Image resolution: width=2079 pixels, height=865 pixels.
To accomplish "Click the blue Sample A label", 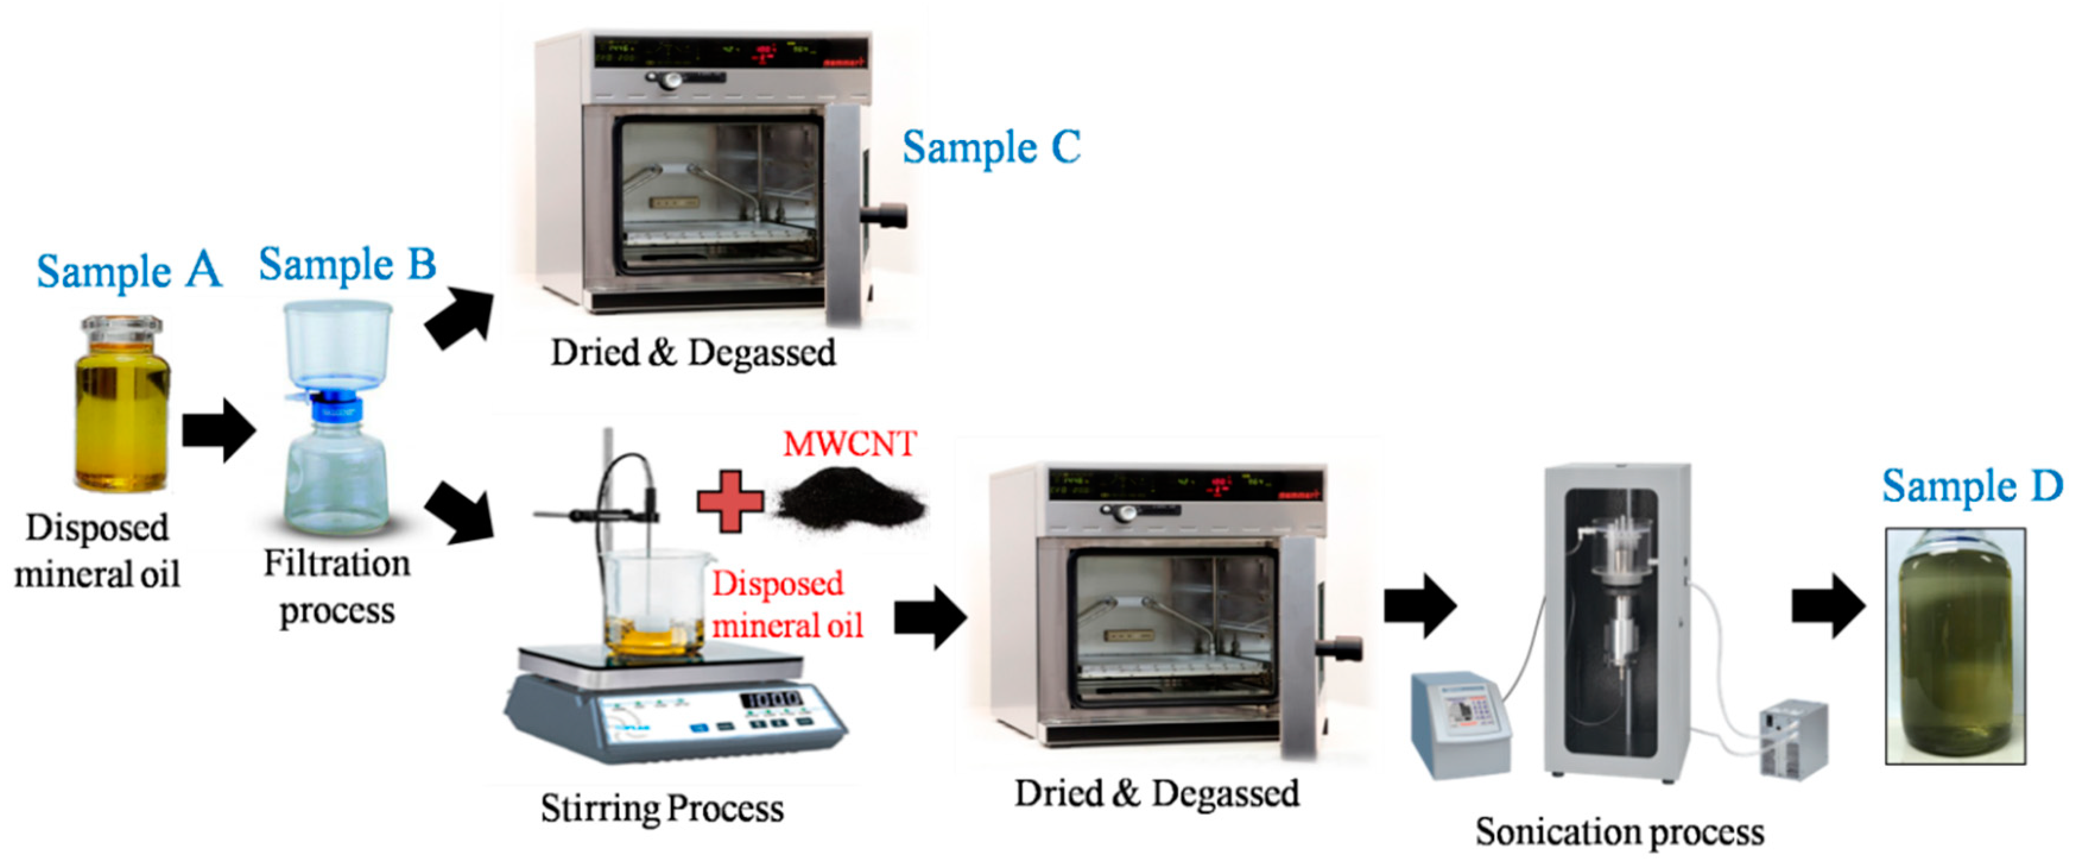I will pyautogui.click(x=129, y=271).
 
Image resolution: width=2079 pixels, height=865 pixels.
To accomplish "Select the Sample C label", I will pyautogui.click(x=991, y=148).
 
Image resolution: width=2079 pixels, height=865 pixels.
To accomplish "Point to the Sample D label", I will pyautogui.click(x=1972, y=487).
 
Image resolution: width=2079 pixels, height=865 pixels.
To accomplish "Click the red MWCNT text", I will pyautogui.click(x=849, y=444).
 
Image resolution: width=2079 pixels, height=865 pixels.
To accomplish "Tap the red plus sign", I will pyautogui.click(x=730, y=501).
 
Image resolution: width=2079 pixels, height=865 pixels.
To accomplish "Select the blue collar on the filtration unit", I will pyautogui.click(x=337, y=406).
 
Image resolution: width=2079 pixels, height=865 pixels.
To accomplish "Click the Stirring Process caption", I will pyautogui.click(x=662, y=809).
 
